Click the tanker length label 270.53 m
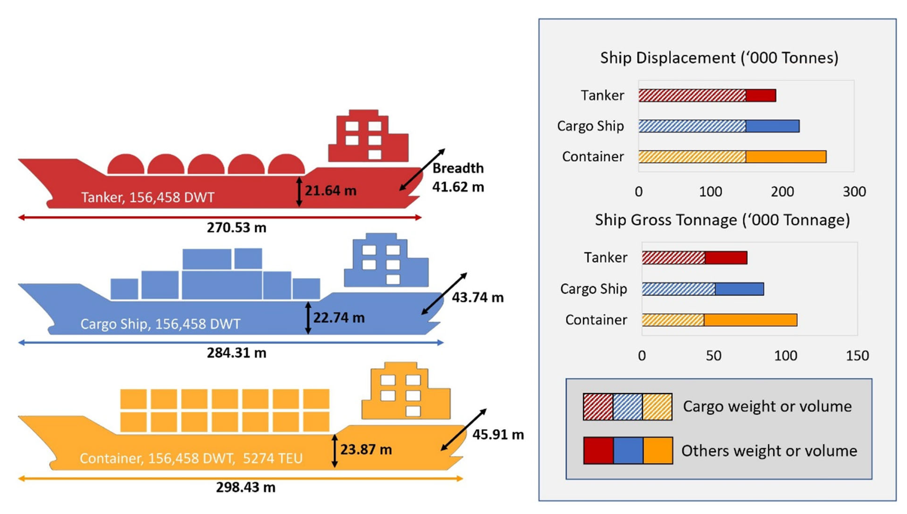click(236, 228)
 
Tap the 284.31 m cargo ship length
click(236, 353)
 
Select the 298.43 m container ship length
click(246, 487)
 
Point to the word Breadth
click(458, 168)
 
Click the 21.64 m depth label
click(330, 191)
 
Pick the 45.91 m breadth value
click(498, 435)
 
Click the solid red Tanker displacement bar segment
click(761, 95)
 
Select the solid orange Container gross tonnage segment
click(750, 320)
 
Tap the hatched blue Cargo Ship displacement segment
click(692, 126)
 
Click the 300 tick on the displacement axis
click(854, 192)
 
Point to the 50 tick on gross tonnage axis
click(713, 356)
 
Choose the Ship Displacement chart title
click(719, 58)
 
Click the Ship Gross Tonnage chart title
click(722, 220)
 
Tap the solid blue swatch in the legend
click(628, 450)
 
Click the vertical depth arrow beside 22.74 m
click(308, 318)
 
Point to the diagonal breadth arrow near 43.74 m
click(444, 293)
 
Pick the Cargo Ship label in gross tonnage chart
click(593, 289)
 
